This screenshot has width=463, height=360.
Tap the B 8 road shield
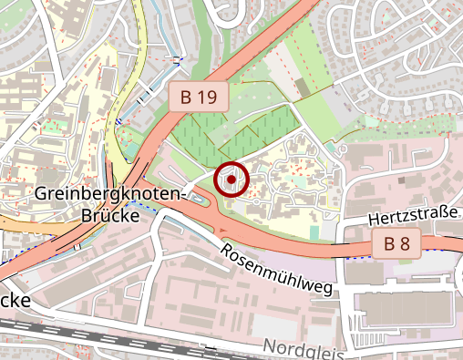[396, 243]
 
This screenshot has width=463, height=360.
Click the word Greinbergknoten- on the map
[110, 193]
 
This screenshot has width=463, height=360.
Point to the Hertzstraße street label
[412, 216]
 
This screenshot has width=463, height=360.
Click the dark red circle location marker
[231, 180]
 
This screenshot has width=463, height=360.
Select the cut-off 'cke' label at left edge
[15, 300]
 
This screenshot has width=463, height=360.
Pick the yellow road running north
[116, 109]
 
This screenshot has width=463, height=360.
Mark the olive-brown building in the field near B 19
[302, 87]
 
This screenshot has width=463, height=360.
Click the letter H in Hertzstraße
[374, 221]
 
